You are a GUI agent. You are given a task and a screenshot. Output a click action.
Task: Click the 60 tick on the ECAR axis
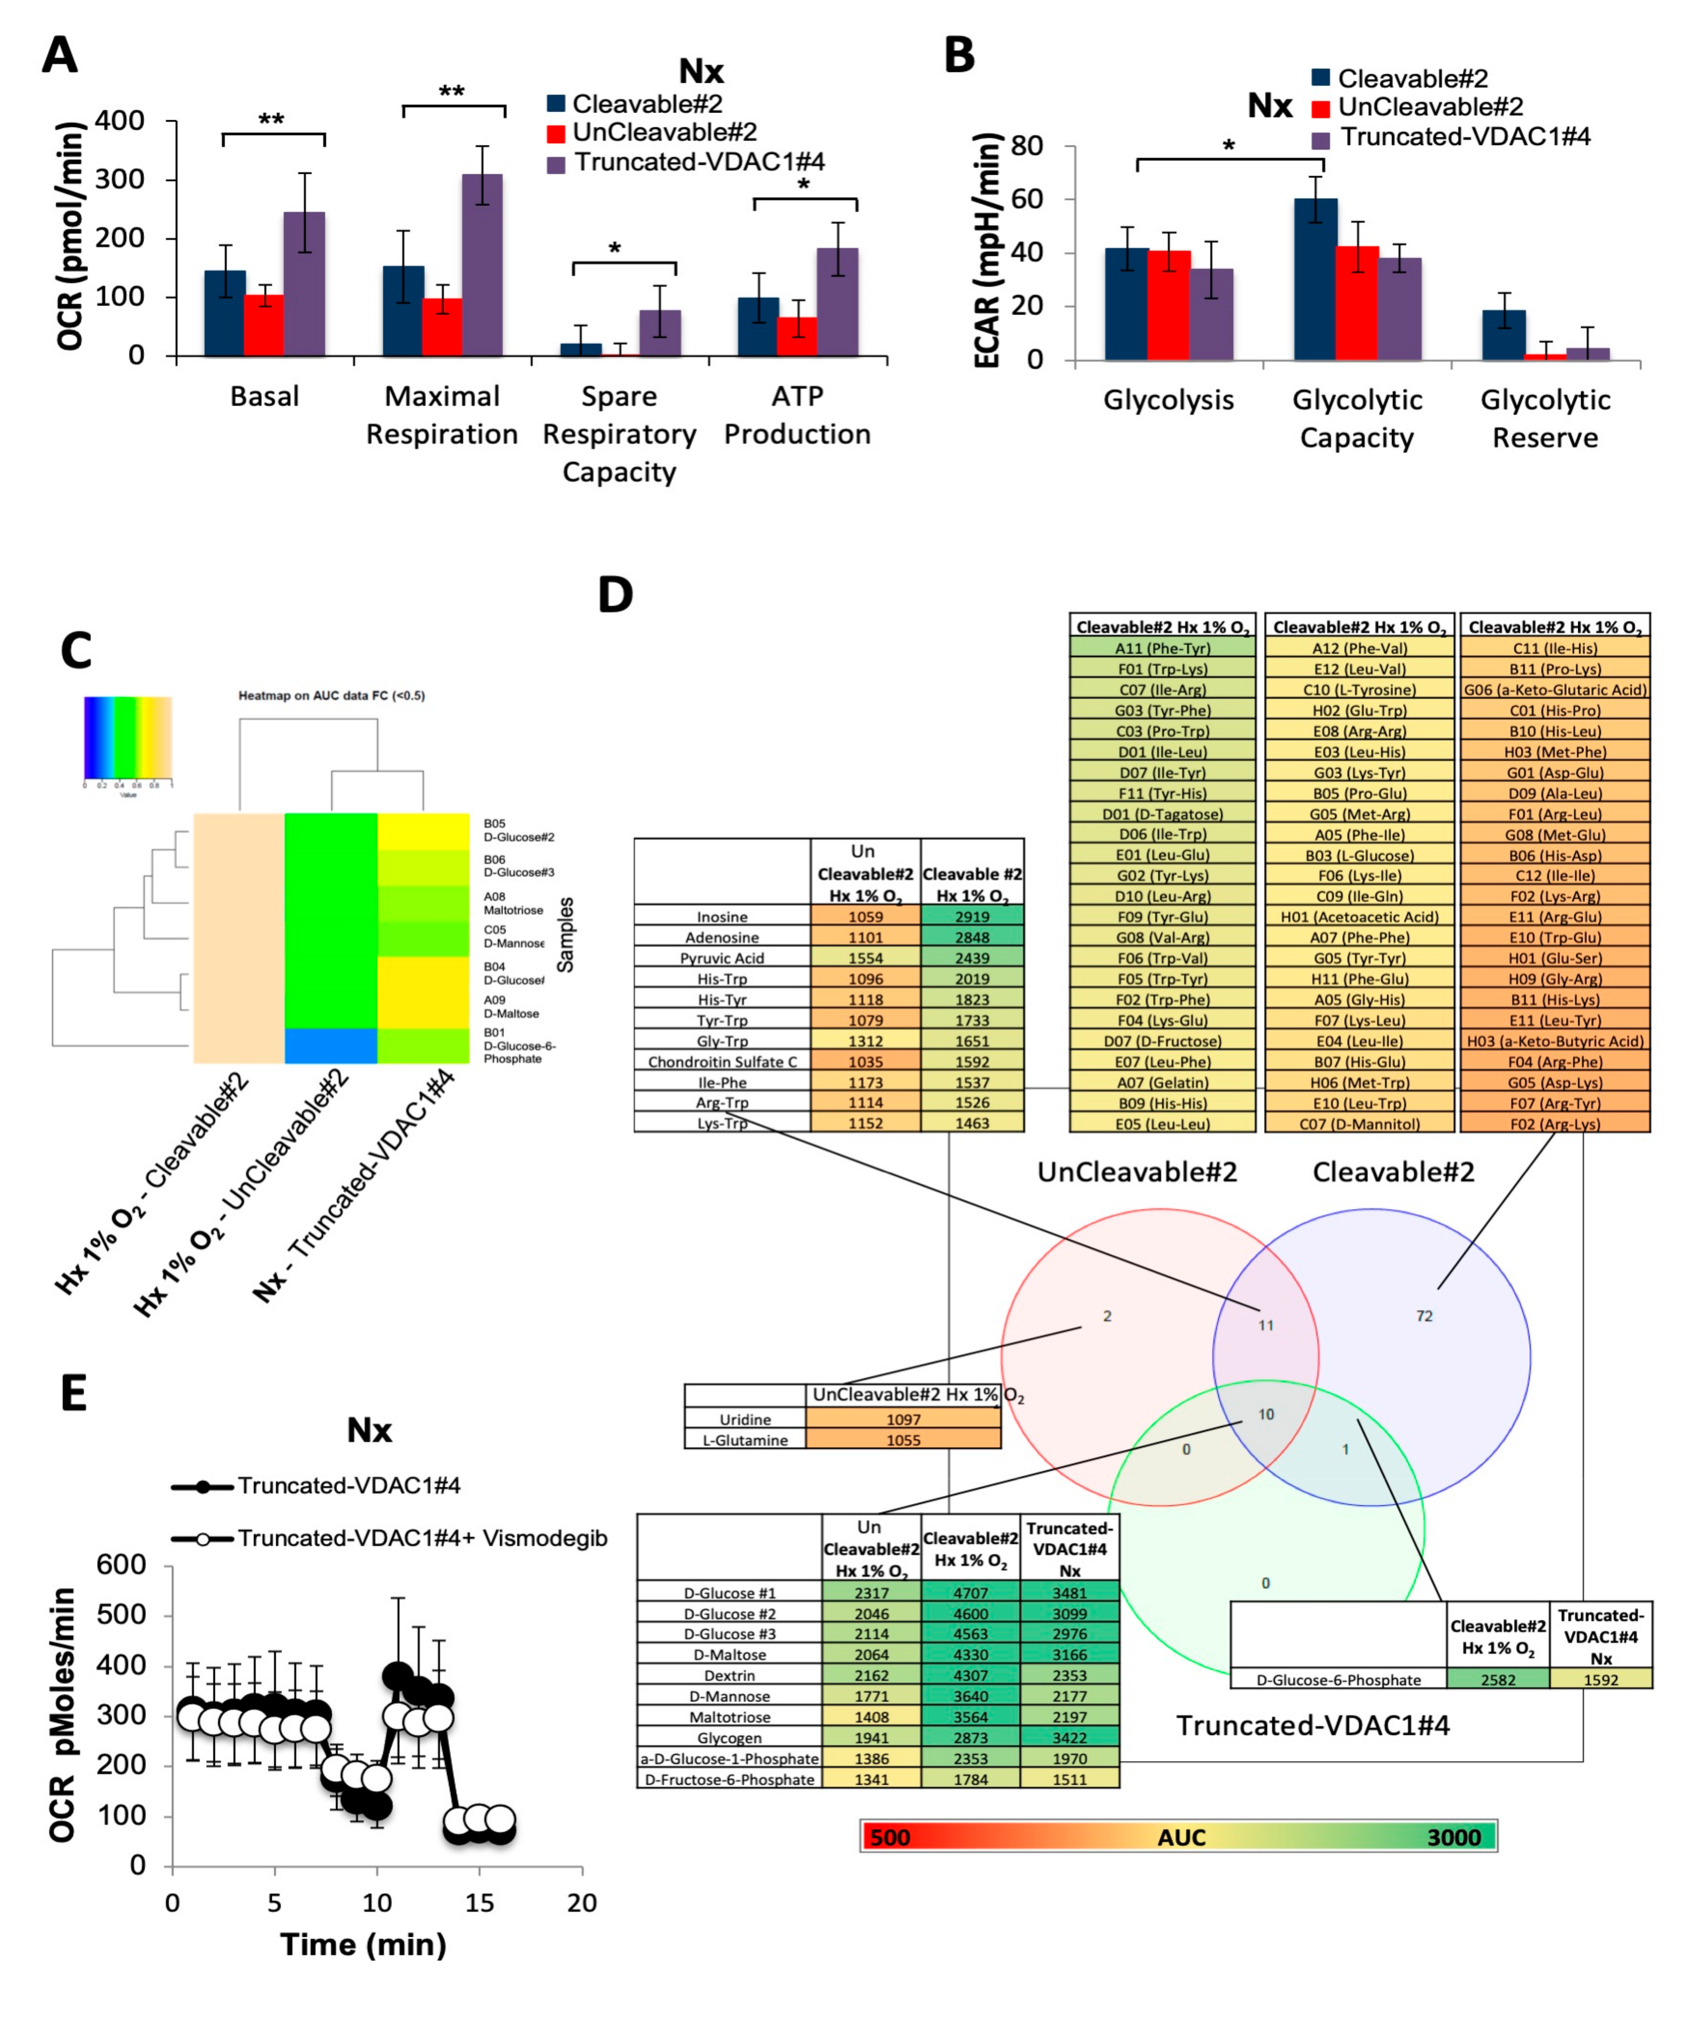point(1027,200)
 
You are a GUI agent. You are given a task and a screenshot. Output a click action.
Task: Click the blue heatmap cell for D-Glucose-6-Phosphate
point(331,1046)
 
